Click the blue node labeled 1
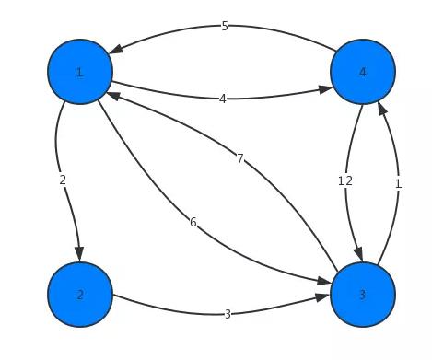coord(80,72)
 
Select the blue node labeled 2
coord(80,295)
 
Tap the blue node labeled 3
coord(362,295)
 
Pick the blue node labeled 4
coord(362,72)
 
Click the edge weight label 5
coord(225,27)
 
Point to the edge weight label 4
coord(222,99)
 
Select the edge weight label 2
coord(63,180)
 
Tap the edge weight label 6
coord(193,222)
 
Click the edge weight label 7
coord(239,159)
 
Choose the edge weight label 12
coord(345,181)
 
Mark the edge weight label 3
coord(228,314)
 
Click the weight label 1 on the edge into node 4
coord(398,184)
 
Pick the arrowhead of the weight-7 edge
coord(112,92)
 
